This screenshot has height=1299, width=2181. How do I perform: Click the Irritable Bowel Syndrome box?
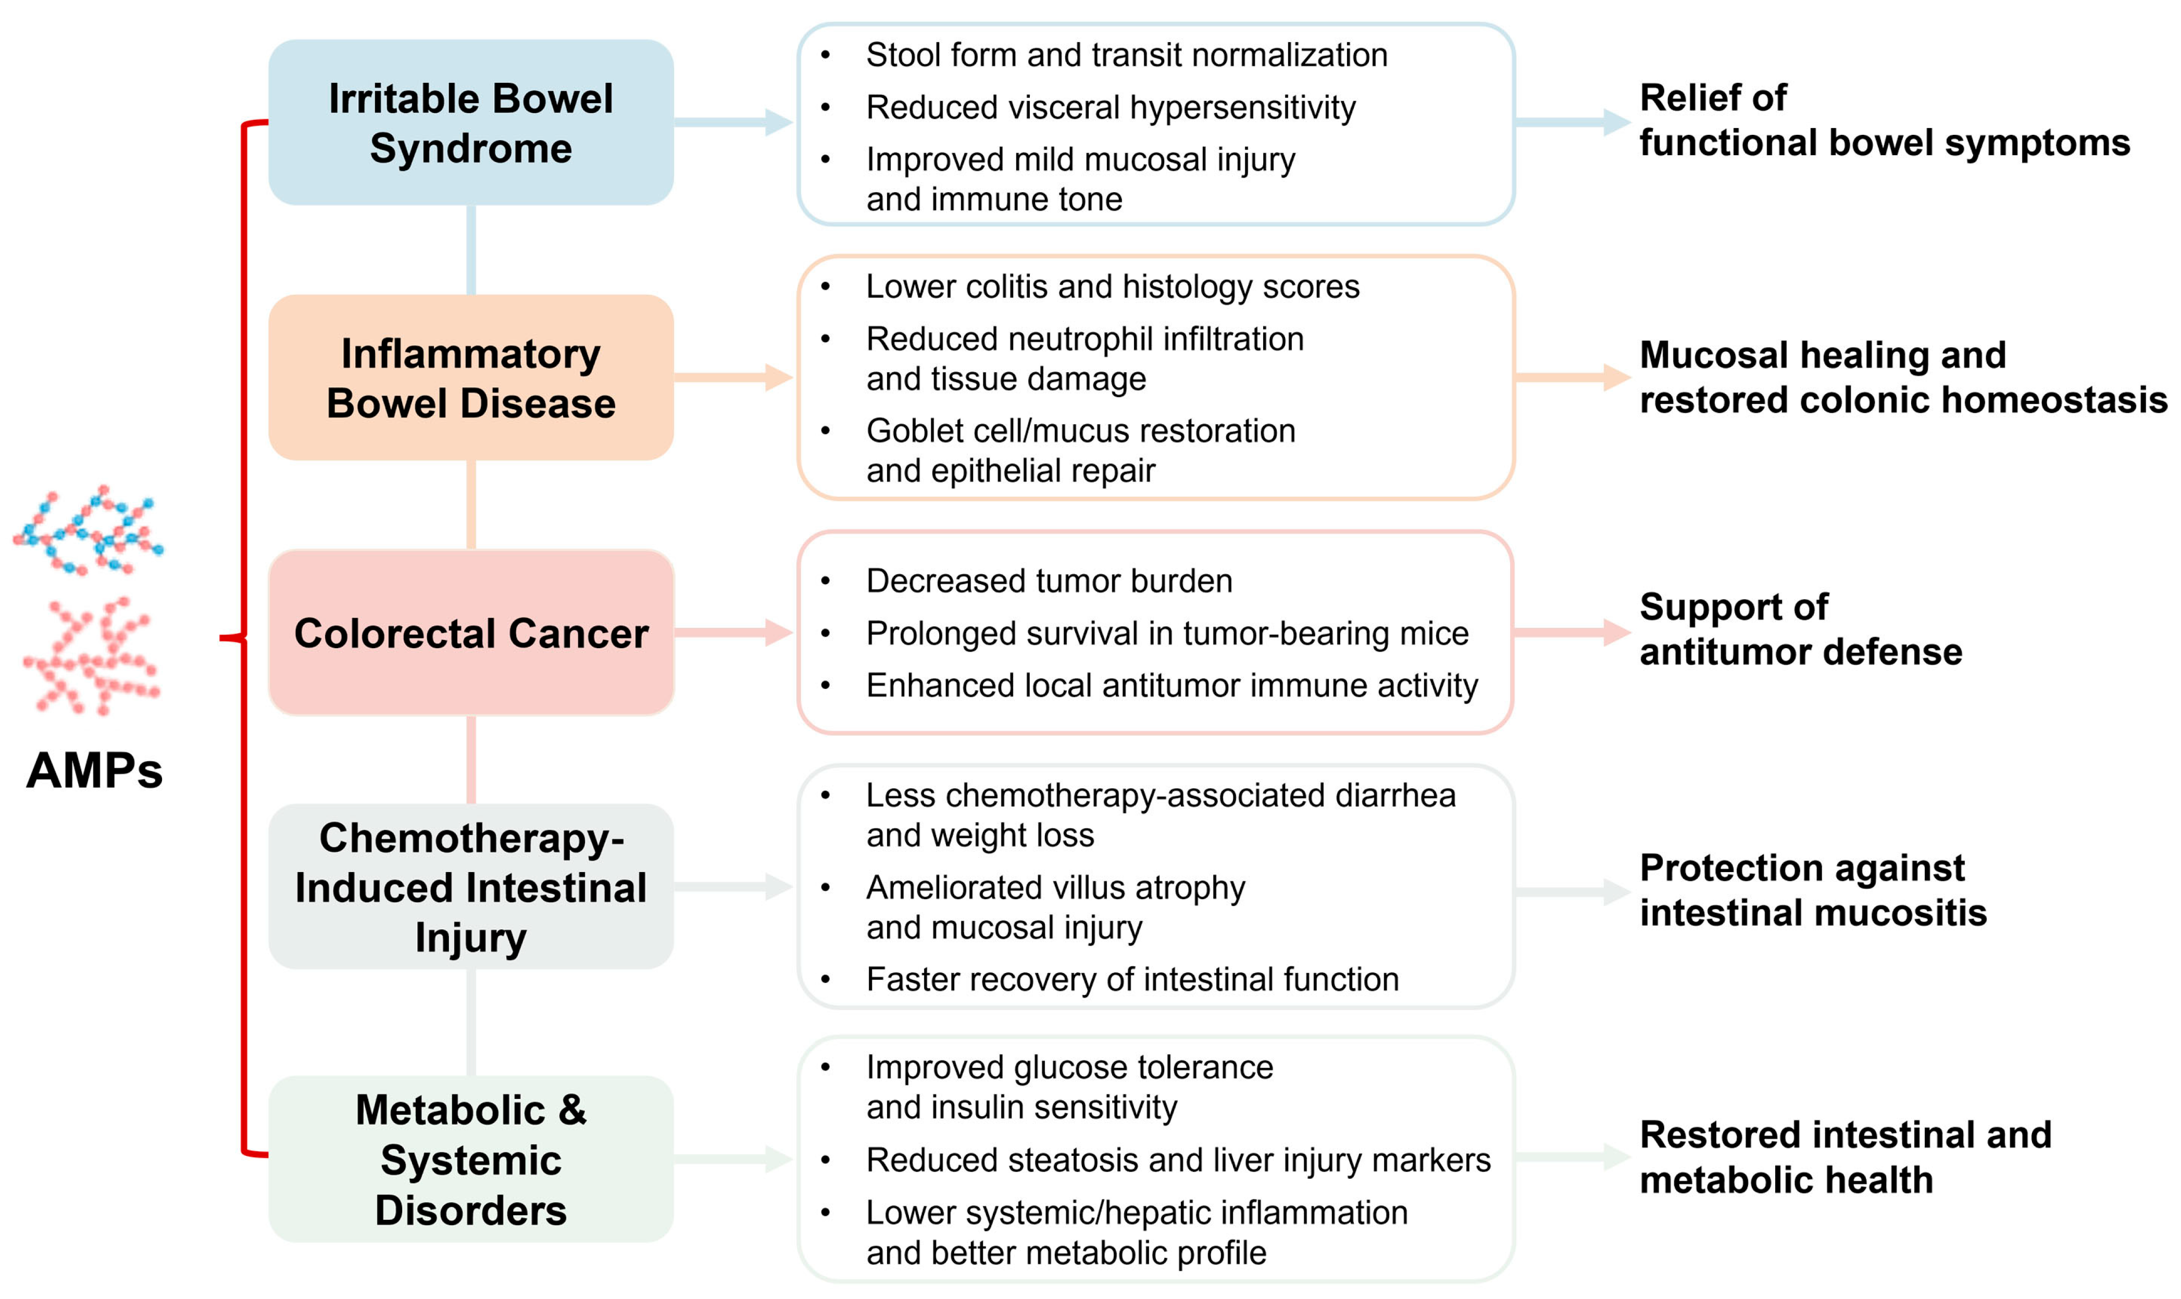471,122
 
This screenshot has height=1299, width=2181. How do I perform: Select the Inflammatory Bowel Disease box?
471,377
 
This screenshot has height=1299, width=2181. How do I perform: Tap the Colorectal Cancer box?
471,633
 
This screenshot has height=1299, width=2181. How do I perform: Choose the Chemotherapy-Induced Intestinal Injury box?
471,887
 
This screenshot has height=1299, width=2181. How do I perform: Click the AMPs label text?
95,771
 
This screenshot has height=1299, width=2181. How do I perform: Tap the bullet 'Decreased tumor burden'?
1049,581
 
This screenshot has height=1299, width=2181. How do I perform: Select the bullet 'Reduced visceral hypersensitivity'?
1110,108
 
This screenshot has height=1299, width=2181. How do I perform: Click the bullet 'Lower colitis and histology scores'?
1113,287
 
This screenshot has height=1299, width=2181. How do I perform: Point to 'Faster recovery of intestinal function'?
1132,979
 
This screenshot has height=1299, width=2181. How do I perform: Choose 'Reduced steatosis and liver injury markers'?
1178,1160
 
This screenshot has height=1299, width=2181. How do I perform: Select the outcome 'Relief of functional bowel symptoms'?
1884,120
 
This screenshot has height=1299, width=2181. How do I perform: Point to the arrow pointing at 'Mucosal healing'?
1573,377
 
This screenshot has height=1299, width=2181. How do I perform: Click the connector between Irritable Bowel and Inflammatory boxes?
471,250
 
